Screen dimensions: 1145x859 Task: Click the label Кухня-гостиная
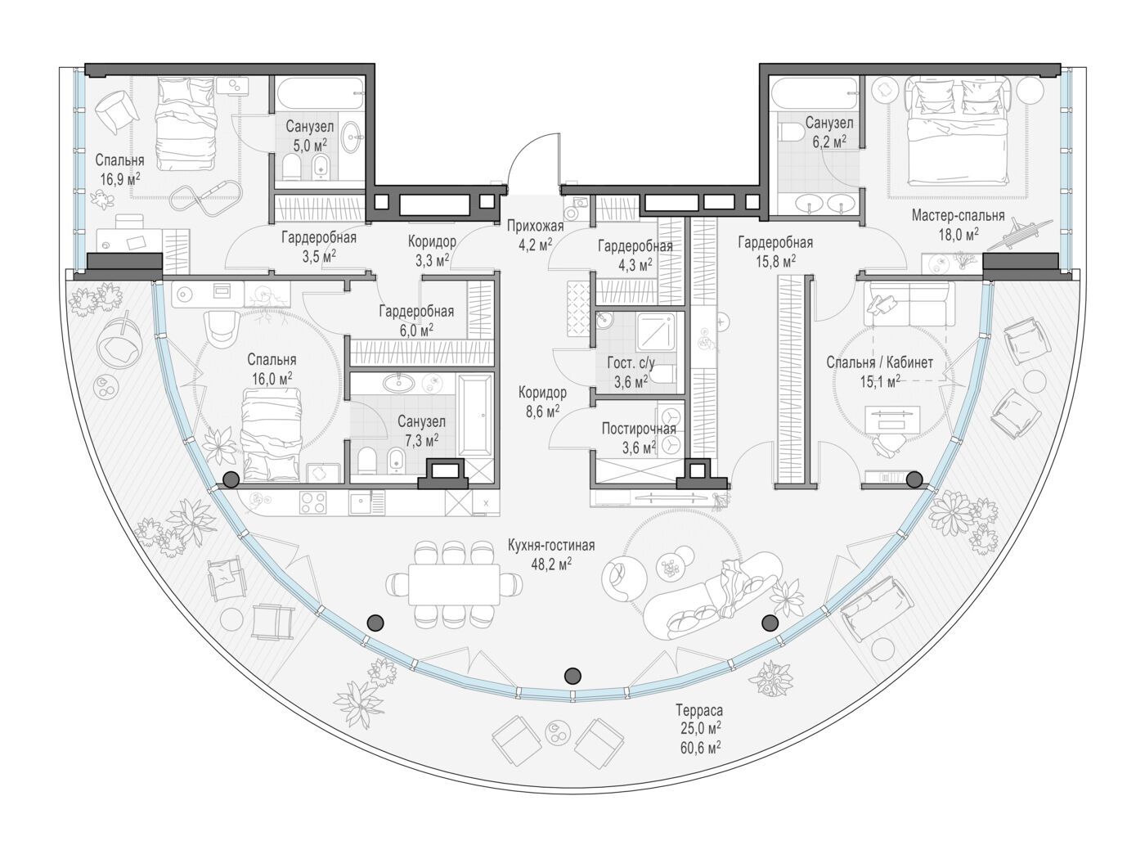coord(551,546)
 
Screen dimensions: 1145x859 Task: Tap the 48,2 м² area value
coord(551,564)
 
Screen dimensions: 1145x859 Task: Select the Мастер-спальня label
coord(958,215)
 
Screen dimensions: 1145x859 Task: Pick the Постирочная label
coord(639,429)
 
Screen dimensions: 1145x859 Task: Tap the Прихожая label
coord(535,226)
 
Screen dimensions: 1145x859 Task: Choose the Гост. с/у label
coord(631,363)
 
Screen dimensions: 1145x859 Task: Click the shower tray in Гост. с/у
coord(656,331)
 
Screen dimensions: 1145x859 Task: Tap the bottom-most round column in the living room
coord(572,676)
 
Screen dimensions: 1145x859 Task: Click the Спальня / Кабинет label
coord(879,362)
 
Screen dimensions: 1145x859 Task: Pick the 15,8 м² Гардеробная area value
coord(775,260)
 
